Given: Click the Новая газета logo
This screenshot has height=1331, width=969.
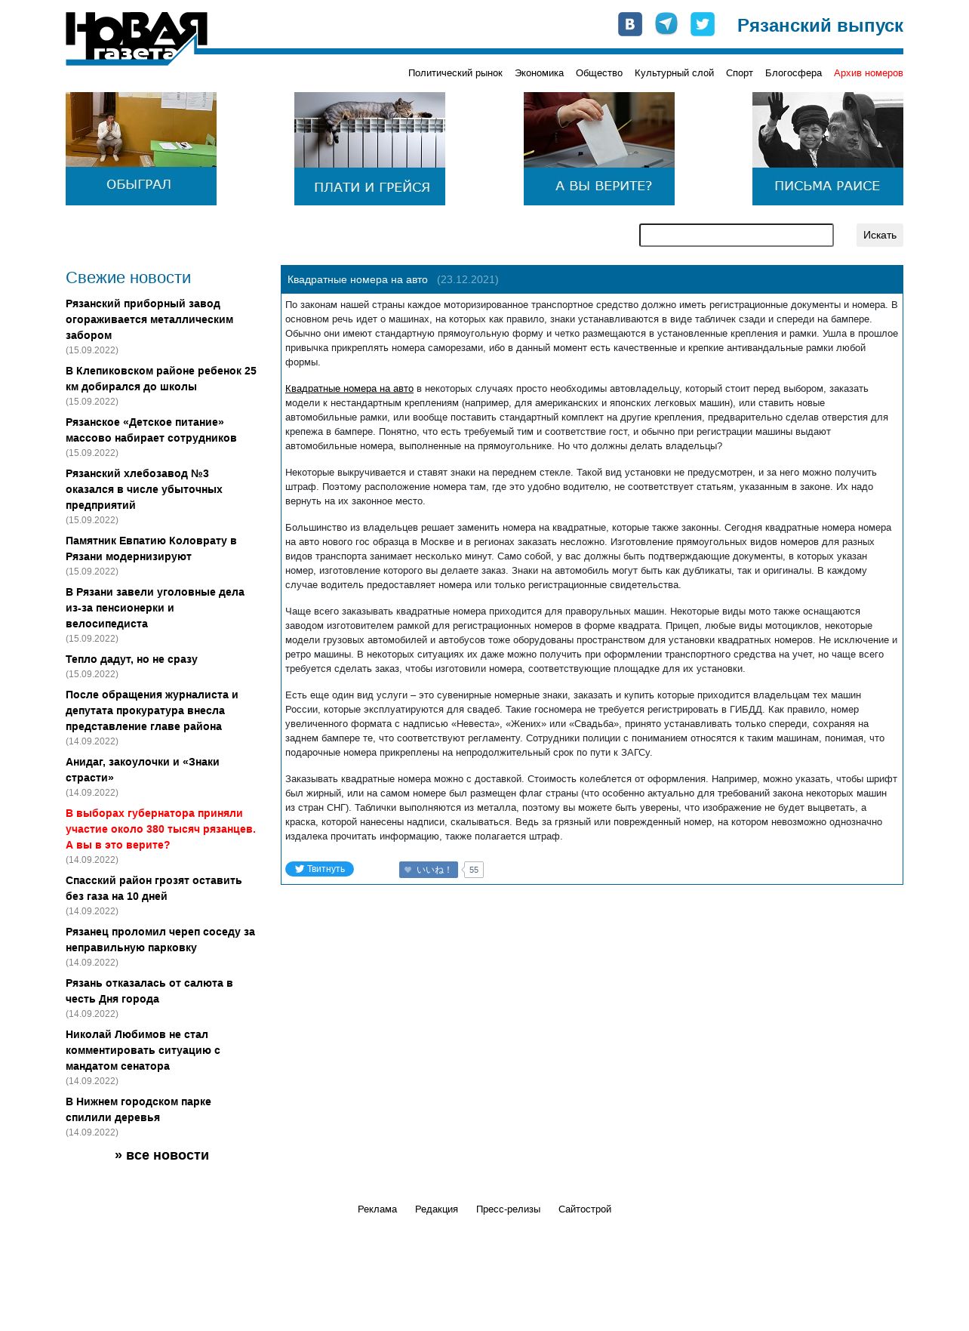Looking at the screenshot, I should coord(136,39).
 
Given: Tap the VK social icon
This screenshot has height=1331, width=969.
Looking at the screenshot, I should coord(629,24).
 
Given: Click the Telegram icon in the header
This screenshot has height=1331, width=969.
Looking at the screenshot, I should coord(666,24).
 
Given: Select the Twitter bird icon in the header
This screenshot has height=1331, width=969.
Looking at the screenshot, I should coord(702,24).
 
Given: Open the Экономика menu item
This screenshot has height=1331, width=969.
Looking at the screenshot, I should coord(539,73).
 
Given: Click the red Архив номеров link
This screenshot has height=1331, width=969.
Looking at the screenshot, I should coord(868,73).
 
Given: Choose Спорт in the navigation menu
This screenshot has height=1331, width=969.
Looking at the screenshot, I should coord(739,73).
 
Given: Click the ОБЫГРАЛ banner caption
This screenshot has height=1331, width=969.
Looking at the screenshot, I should coord(140,185).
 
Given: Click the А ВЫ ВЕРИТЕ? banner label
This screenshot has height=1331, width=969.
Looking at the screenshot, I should coord(603,186).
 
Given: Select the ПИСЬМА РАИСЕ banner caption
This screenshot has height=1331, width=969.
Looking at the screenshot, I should coord(826,186).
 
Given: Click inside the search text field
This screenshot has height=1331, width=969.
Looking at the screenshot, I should coord(736,235).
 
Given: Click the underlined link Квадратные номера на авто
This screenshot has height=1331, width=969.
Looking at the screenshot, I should coord(349,389).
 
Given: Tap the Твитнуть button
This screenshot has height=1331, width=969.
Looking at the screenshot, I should coord(319,869).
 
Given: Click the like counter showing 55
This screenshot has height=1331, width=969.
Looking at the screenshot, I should coord(473,870).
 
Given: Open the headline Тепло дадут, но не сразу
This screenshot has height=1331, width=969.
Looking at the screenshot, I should coord(131,659).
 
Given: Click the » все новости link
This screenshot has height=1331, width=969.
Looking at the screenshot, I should coord(161,1155).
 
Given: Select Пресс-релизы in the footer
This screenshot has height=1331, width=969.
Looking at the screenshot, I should coord(508,1209).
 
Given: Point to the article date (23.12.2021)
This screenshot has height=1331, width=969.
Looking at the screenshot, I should coord(467,280).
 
